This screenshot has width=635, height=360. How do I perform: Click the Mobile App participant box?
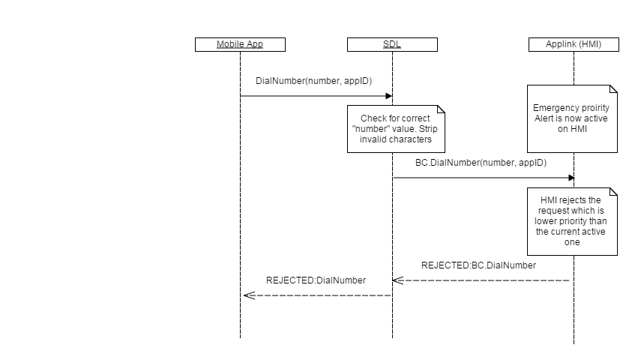[240, 44]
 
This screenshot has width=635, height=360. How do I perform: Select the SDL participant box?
[392, 44]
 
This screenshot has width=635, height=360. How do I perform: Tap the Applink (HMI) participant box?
[573, 44]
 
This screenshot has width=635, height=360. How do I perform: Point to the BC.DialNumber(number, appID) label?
[481, 162]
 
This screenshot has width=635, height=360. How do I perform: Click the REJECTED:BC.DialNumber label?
[478, 265]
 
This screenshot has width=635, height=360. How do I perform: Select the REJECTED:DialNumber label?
[316, 280]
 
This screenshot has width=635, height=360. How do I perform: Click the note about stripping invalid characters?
[395, 128]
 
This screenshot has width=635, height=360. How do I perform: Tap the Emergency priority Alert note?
[571, 118]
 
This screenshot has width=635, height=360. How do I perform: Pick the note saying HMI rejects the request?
[571, 220]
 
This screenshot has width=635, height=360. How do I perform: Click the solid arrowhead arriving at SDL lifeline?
[388, 96]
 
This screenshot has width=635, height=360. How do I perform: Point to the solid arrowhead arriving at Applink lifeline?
[570, 178]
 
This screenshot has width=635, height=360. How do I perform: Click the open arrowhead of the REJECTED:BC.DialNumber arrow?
[397, 280]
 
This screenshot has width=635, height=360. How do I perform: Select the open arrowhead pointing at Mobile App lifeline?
[248, 295]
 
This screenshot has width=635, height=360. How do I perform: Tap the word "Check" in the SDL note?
[374, 118]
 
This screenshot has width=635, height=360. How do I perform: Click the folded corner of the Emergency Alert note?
[613, 88]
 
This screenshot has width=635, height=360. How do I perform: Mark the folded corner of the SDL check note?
[441, 109]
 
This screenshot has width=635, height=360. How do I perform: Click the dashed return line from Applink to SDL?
[487, 280]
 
